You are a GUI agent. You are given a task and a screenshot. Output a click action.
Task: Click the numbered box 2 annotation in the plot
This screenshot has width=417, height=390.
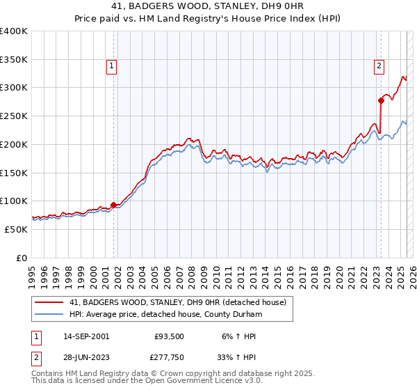(x=379, y=66)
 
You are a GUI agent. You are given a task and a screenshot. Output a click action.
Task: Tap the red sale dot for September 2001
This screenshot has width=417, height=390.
(x=113, y=204)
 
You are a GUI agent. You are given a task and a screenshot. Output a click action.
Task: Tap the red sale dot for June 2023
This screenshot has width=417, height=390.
(x=381, y=100)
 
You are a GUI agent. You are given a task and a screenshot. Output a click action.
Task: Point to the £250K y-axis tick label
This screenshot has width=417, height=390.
(x=13, y=116)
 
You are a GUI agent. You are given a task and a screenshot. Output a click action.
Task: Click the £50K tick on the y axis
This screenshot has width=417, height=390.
(x=16, y=229)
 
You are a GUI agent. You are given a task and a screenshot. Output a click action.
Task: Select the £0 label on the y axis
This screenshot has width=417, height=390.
(x=22, y=258)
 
